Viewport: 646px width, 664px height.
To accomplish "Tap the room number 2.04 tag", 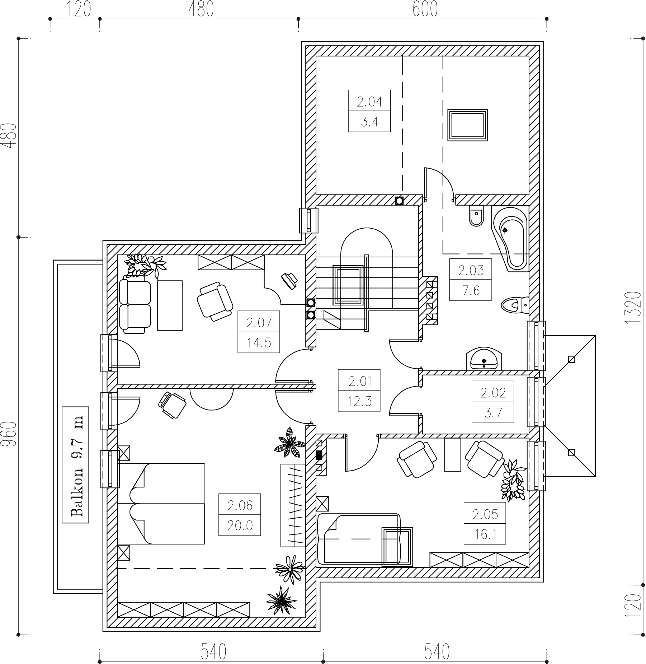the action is pyautogui.click(x=369, y=102).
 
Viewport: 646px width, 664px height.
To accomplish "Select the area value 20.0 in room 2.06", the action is pyautogui.click(x=240, y=526).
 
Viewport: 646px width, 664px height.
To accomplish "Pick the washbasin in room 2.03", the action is pyautogui.click(x=484, y=359).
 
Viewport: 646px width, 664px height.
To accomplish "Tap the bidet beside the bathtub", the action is pyautogui.click(x=476, y=216).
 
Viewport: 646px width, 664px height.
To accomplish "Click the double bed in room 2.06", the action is pyautogui.click(x=161, y=504).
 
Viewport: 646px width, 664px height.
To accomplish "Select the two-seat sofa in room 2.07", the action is pyautogui.click(x=135, y=304).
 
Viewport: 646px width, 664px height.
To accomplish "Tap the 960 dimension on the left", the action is pyautogui.click(x=11, y=434).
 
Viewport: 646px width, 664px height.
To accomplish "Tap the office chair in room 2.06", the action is pyautogui.click(x=172, y=405).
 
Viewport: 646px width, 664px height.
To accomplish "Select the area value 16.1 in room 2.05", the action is pyautogui.click(x=485, y=535).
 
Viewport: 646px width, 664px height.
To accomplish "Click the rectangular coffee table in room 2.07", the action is pyautogui.click(x=170, y=305).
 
